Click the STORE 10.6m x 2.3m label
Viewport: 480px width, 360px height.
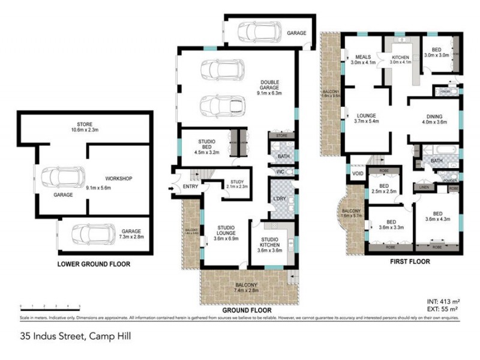click(83, 128)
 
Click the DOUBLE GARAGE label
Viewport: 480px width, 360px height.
click(269, 88)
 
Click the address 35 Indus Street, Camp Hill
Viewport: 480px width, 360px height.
click(75, 337)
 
